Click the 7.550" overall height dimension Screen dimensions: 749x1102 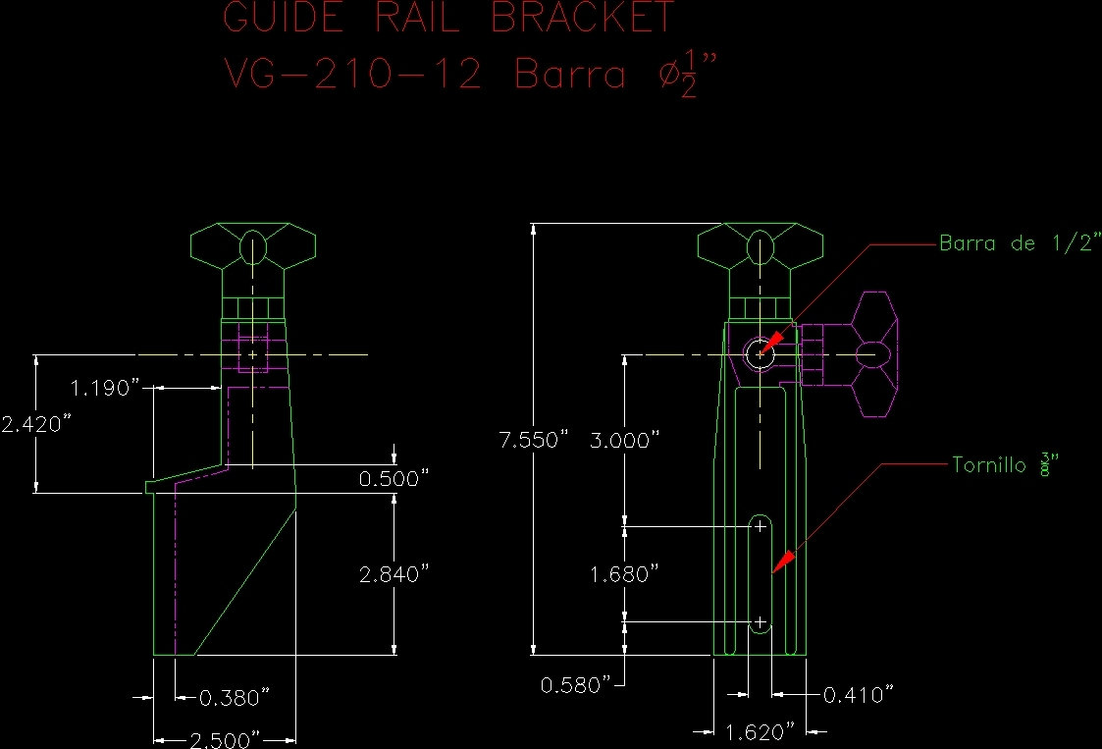[534, 440]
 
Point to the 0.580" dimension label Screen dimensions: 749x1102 [575, 684]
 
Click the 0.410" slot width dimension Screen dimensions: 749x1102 [858, 695]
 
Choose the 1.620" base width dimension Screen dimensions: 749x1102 [759, 731]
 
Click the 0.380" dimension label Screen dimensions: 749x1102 [234, 698]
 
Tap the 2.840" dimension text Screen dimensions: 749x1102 [394, 574]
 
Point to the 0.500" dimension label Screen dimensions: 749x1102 [394, 479]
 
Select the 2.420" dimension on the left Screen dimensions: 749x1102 [37, 424]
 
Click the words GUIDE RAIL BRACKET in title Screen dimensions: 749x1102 [449, 18]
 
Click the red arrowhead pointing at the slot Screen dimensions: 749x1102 [782, 561]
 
